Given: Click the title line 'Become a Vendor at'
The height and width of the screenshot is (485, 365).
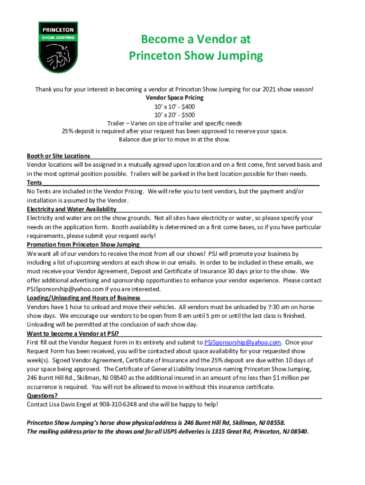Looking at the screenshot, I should [196, 39].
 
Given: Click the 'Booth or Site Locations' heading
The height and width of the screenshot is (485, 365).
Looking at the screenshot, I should [59, 156].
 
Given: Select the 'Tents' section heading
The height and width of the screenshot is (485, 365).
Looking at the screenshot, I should [34, 183].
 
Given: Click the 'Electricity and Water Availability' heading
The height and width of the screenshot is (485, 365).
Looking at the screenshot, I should [72, 209].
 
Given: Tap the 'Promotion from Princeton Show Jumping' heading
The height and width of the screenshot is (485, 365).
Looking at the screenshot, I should [83, 245].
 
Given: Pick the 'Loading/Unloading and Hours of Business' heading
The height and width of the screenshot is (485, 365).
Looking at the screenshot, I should [83, 298].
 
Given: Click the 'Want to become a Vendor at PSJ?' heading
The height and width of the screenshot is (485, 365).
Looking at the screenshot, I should [73, 333].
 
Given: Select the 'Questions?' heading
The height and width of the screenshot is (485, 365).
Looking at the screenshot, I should [43, 396].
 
